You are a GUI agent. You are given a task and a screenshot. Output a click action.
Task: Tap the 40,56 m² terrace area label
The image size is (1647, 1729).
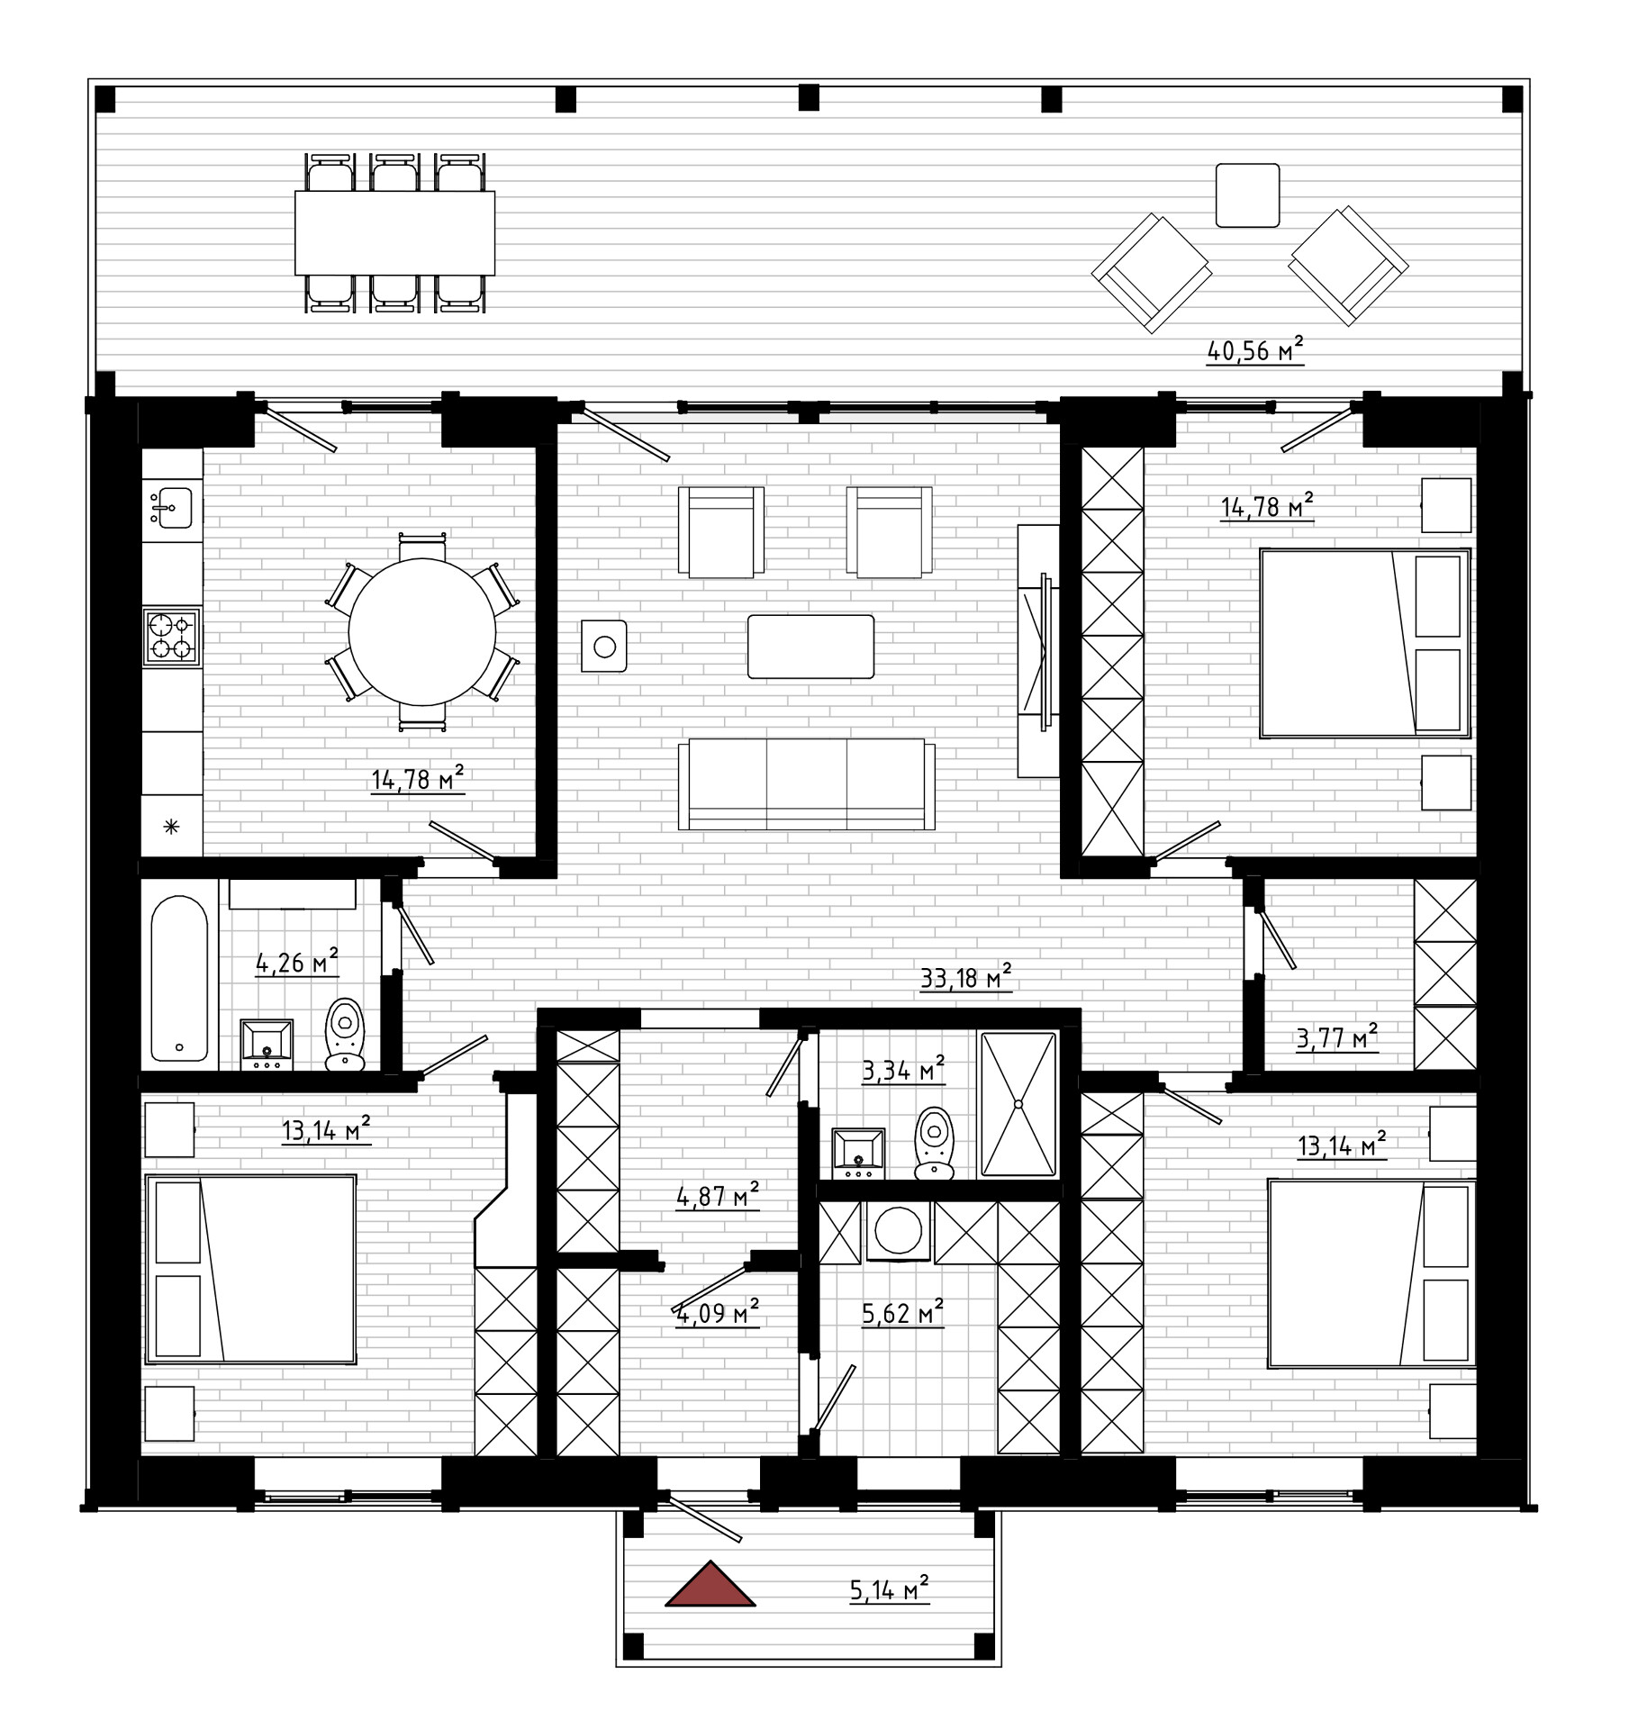click(x=1255, y=349)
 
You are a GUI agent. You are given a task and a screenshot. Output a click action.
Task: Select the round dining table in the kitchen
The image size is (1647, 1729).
click(x=422, y=631)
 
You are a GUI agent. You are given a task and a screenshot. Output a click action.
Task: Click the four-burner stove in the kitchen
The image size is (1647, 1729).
click(x=171, y=637)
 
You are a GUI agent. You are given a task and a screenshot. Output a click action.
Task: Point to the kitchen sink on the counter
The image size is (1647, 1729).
click(x=171, y=508)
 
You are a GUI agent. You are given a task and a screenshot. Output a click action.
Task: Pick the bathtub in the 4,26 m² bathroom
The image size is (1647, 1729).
click(x=179, y=979)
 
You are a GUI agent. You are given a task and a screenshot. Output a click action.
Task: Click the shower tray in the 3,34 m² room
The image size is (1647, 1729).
click(x=1018, y=1104)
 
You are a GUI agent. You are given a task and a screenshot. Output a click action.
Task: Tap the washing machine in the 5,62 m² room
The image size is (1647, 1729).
click(x=898, y=1231)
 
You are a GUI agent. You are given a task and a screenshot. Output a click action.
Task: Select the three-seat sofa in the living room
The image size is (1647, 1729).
click(x=806, y=783)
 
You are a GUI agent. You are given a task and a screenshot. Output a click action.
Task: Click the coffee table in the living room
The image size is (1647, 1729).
click(x=810, y=647)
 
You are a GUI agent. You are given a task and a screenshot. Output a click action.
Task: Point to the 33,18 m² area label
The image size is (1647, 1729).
click(x=965, y=977)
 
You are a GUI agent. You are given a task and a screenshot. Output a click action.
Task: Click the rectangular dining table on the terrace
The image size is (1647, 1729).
click(x=394, y=232)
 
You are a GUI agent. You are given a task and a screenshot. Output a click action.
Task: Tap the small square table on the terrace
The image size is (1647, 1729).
click(x=1247, y=195)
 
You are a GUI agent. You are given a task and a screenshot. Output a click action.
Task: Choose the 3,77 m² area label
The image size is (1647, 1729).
click(x=1337, y=1037)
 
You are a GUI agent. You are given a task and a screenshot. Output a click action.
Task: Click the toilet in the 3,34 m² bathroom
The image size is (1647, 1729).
click(x=935, y=1143)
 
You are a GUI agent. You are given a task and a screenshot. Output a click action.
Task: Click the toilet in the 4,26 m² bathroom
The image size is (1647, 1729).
click(x=345, y=1034)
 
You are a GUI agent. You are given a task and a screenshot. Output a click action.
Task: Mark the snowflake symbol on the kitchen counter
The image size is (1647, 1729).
click(x=170, y=826)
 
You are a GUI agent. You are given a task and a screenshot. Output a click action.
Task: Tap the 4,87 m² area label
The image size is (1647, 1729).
click(x=718, y=1196)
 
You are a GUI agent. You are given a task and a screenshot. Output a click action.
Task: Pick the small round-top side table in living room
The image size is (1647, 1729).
click(x=604, y=646)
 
